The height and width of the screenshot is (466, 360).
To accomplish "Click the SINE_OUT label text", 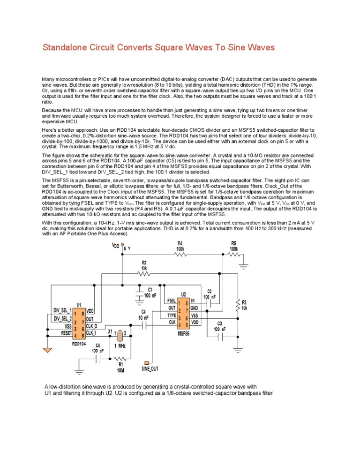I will (150, 369).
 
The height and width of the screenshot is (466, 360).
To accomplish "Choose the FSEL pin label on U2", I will (171, 300).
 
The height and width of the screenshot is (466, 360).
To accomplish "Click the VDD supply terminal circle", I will (122, 245).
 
